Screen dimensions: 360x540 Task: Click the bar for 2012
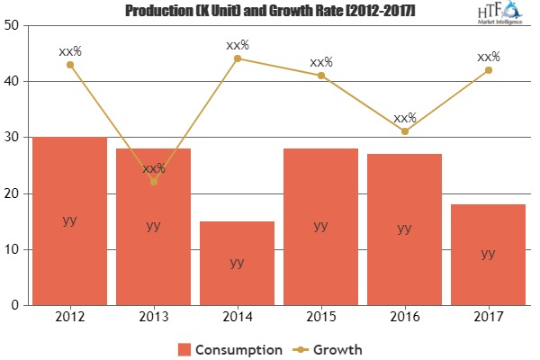(69, 220)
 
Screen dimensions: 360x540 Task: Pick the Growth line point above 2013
(153, 182)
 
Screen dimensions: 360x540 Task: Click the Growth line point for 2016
(404, 131)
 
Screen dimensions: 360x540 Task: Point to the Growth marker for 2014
(237, 58)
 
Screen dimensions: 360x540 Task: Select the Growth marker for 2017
(488, 70)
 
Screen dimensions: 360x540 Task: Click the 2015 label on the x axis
(320, 318)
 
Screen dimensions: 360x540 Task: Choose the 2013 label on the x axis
(153, 318)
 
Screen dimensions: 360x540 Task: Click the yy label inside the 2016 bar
(404, 229)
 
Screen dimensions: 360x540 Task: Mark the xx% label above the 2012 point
(69, 51)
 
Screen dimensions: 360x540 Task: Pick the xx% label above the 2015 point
(320, 62)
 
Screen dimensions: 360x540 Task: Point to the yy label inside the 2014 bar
(237, 262)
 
